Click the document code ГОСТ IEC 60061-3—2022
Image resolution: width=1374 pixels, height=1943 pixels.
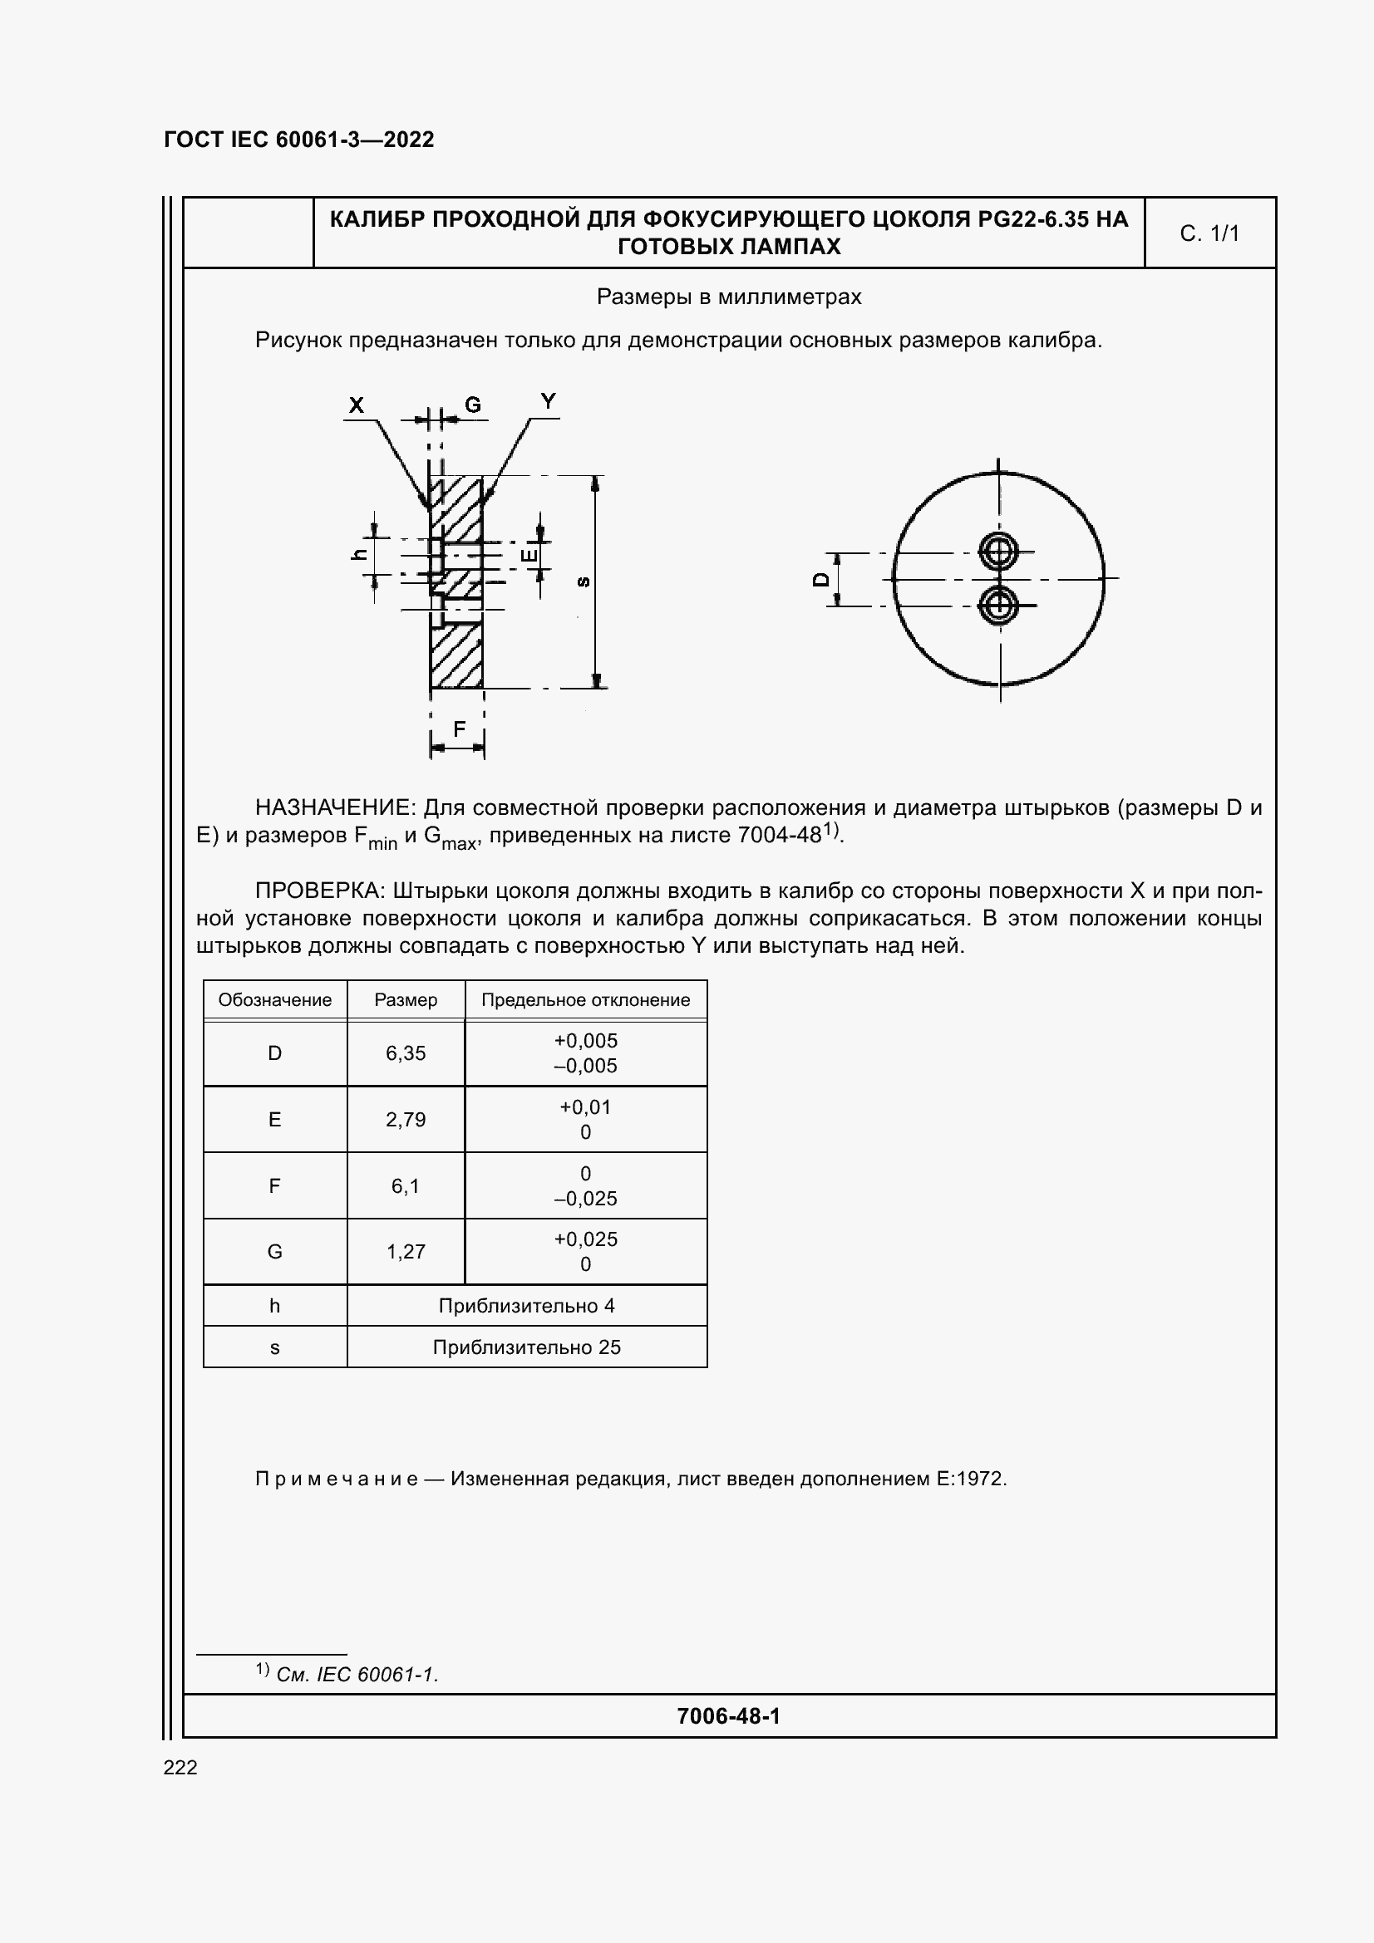coord(299,140)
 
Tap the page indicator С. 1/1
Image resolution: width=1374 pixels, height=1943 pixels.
coord(1209,233)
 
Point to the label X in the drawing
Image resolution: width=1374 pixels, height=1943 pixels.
coord(357,405)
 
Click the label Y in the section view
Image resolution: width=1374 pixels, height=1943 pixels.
coord(549,402)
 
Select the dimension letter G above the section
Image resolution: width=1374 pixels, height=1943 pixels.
coord(472,405)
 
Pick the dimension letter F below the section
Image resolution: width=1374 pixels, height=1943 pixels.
coord(459,729)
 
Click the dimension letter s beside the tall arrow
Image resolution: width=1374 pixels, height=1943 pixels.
coord(584,581)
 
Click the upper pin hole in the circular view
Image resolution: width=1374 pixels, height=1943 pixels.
coord(999,552)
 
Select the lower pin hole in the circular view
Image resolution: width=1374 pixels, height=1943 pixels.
coord(999,605)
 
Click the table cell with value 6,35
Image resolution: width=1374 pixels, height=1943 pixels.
coord(406,1053)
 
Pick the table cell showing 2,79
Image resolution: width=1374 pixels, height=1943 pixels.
coord(406,1120)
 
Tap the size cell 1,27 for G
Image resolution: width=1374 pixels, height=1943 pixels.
coord(406,1252)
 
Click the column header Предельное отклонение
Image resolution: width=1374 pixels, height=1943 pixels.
coord(586,1000)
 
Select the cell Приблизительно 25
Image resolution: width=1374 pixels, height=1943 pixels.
coord(526,1347)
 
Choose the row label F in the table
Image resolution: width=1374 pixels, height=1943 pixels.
coord(274,1185)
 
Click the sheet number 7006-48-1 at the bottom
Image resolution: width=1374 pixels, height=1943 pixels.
coord(728,1715)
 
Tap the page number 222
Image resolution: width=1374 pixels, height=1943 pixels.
coord(180,1767)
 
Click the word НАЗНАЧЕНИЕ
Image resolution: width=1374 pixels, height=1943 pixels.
coord(335,807)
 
